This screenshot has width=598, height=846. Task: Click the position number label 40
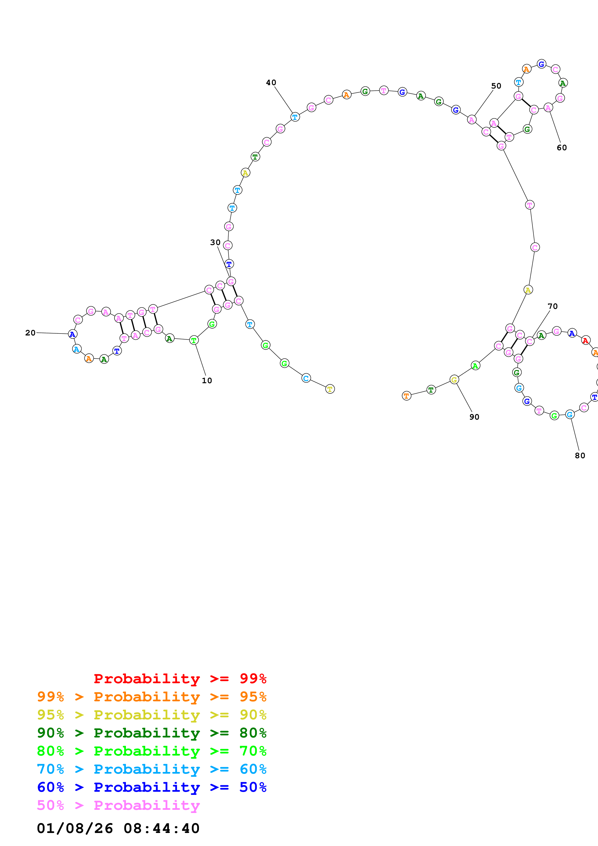point(271,82)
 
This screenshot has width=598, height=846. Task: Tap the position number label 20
point(30,333)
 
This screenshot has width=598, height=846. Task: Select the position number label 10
point(207,381)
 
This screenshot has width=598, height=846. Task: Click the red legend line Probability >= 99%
point(180,679)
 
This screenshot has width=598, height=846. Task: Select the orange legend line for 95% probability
point(151,697)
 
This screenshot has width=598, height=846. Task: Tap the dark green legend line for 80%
point(151,733)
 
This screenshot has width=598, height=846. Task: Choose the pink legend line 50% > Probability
point(118,805)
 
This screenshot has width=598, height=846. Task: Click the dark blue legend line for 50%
point(151,787)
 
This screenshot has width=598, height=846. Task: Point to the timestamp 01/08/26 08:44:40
point(118,828)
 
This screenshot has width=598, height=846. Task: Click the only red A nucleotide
point(585,341)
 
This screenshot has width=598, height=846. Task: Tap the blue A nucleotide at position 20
point(73,334)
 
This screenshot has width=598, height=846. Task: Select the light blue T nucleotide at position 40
point(295,117)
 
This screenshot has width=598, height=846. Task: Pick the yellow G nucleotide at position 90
point(454,380)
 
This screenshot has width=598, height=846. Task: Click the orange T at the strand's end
point(406,396)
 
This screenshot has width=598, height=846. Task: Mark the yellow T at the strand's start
point(330,389)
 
